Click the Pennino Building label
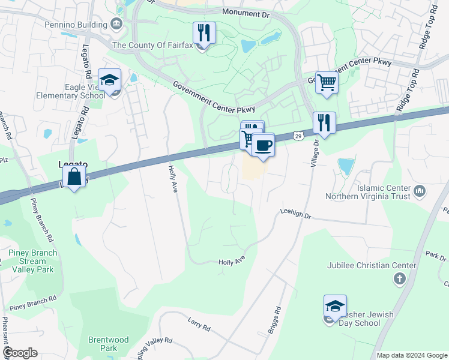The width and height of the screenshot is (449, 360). pyautogui.click(x=76, y=25)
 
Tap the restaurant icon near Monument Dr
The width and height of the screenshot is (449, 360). pyautogui.click(x=204, y=33)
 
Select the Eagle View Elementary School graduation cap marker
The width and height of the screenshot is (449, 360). pyautogui.click(x=110, y=80)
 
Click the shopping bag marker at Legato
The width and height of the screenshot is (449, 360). pyautogui.click(x=74, y=177)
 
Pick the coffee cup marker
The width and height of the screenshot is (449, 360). pyautogui.click(x=263, y=145)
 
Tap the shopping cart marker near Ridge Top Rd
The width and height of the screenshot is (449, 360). pyautogui.click(x=327, y=82)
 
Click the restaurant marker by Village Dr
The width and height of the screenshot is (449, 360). pyautogui.click(x=324, y=124)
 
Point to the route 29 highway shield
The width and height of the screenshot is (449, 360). pyautogui.click(x=298, y=137)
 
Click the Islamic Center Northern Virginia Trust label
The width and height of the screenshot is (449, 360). pyautogui.click(x=368, y=191)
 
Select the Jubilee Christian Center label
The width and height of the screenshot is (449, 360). pyautogui.click(x=372, y=265)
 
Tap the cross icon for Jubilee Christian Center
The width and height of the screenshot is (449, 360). pyautogui.click(x=400, y=278)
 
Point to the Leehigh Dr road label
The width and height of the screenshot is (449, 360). pyautogui.click(x=295, y=214)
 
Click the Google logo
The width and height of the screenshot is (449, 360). pyautogui.click(x=20, y=353)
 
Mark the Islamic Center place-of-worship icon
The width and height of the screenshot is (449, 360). pyautogui.click(x=420, y=192)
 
